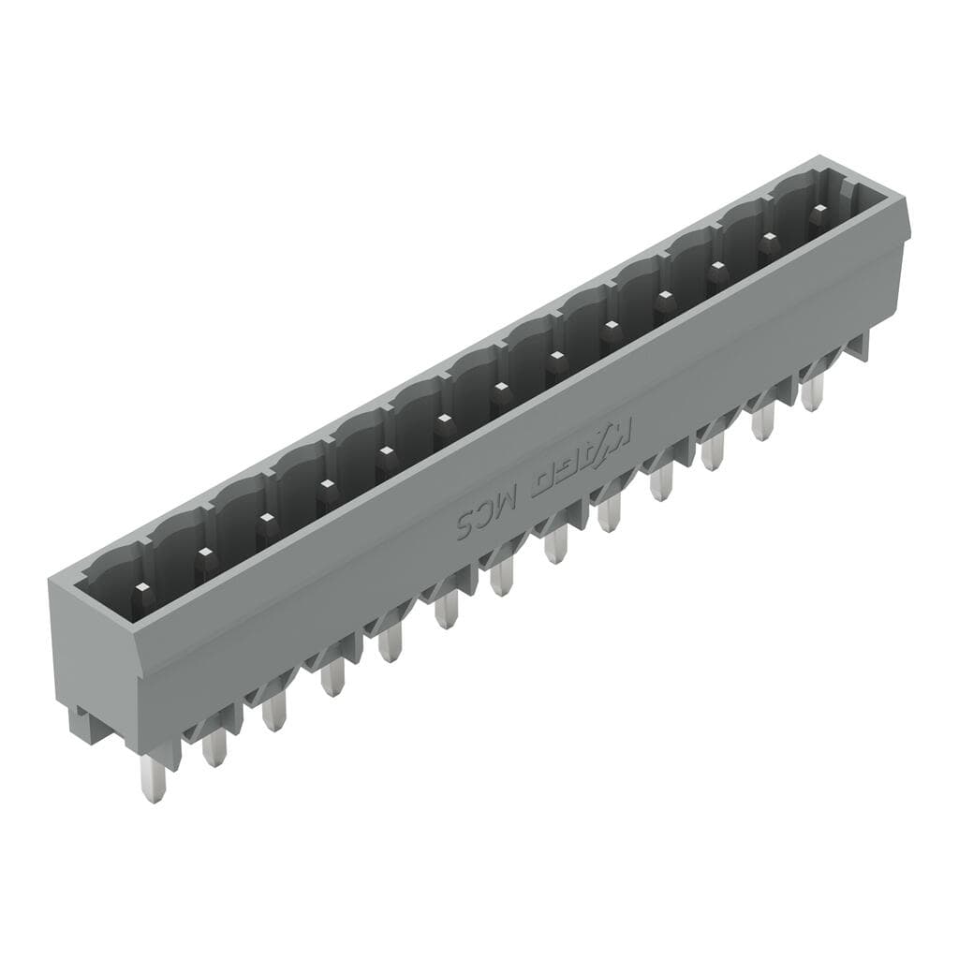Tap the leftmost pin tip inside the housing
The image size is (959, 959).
pos(141,587)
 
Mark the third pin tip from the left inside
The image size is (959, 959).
pos(265,517)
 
